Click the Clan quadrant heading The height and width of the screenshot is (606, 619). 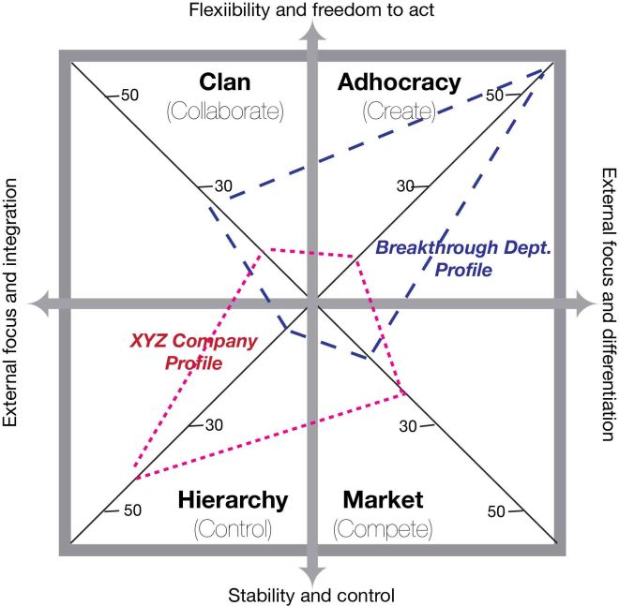tap(225, 82)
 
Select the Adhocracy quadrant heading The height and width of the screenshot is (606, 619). tap(398, 82)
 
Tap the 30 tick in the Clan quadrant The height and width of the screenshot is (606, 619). tap(221, 186)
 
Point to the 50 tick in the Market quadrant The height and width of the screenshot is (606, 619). tap(498, 510)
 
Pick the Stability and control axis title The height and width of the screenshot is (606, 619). tap(309, 594)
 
